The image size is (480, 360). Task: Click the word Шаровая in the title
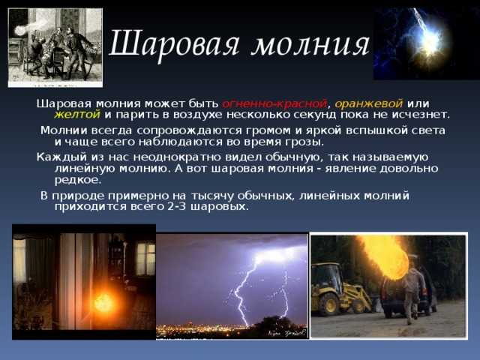click(174, 43)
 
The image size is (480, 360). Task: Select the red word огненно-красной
click(274, 103)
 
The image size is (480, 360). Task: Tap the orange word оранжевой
click(368, 104)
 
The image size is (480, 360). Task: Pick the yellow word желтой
click(77, 115)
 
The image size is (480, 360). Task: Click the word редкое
click(78, 180)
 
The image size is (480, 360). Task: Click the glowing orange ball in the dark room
click(104, 302)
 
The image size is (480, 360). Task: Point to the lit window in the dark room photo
click(145, 259)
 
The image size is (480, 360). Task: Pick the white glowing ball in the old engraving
click(20, 31)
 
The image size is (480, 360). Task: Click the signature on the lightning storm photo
click(286, 332)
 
